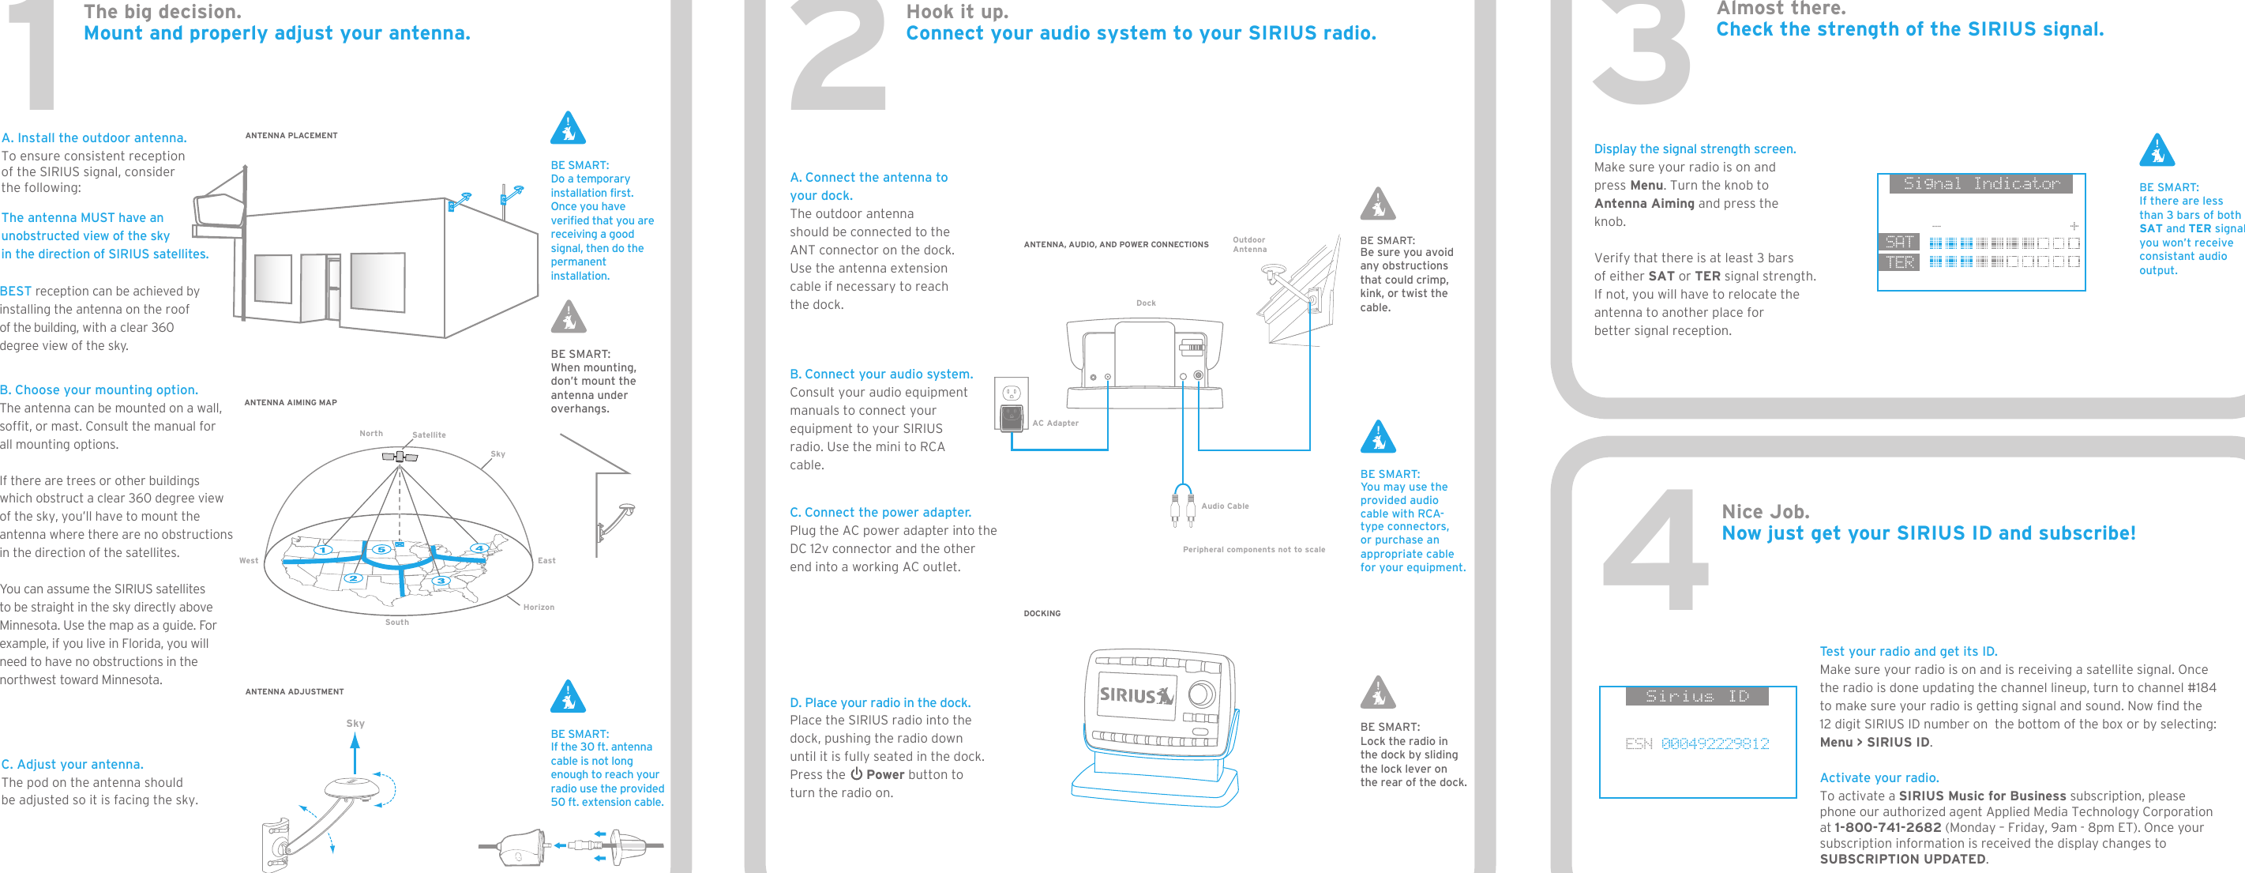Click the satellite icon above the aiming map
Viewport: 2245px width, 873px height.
pos(400,456)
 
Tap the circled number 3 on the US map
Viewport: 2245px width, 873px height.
pos(441,580)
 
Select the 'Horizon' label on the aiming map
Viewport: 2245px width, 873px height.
pos(539,607)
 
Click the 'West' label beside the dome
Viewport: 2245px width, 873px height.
pos(249,561)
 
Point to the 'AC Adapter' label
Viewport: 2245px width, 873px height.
pos(1056,423)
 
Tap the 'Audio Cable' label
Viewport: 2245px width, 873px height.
pos(1225,506)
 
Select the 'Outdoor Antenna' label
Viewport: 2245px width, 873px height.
pos(1249,244)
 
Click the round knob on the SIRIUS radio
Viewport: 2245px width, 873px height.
pos(1202,694)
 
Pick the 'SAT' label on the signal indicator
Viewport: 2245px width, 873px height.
pos(1898,242)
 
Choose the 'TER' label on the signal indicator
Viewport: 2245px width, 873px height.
pos(1898,262)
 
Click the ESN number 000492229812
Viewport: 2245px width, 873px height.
pos(1714,744)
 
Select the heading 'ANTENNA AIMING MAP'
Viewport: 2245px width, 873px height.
pos(291,403)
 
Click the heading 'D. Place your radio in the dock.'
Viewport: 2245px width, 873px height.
pos(880,702)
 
